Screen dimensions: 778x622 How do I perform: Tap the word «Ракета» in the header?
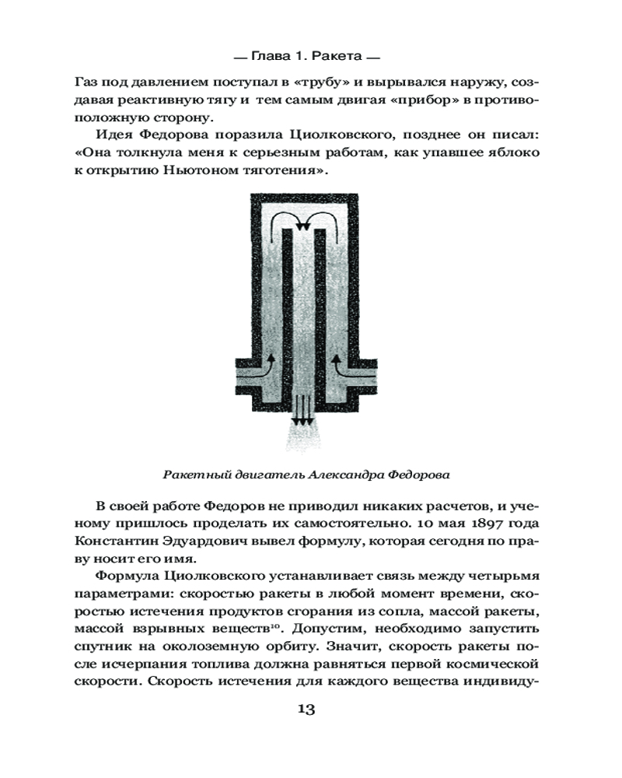pos(334,56)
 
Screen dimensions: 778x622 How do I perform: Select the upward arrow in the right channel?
pos(337,362)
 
